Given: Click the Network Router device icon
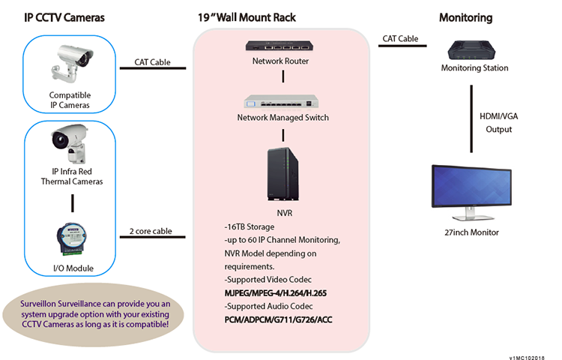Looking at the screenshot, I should tap(281, 46).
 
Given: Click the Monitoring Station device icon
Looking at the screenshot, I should tap(474, 50).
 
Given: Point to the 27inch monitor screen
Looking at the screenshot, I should tap(472, 191).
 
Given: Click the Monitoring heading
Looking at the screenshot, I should tap(465, 16).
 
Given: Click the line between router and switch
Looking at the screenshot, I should tap(282, 76).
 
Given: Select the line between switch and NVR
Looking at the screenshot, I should tap(282, 135).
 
